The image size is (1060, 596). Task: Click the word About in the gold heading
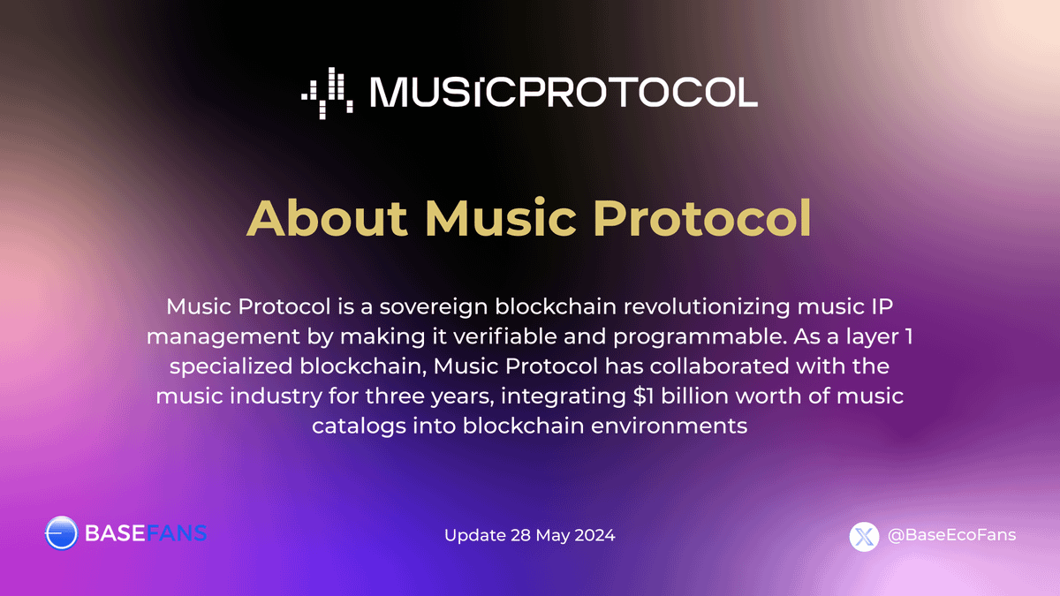click(327, 218)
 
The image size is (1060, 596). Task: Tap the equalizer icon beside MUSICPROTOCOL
click(328, 91)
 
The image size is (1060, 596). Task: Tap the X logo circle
click(865, 536)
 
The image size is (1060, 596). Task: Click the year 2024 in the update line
click(594, 536)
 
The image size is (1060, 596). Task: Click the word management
click(208, 336)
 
